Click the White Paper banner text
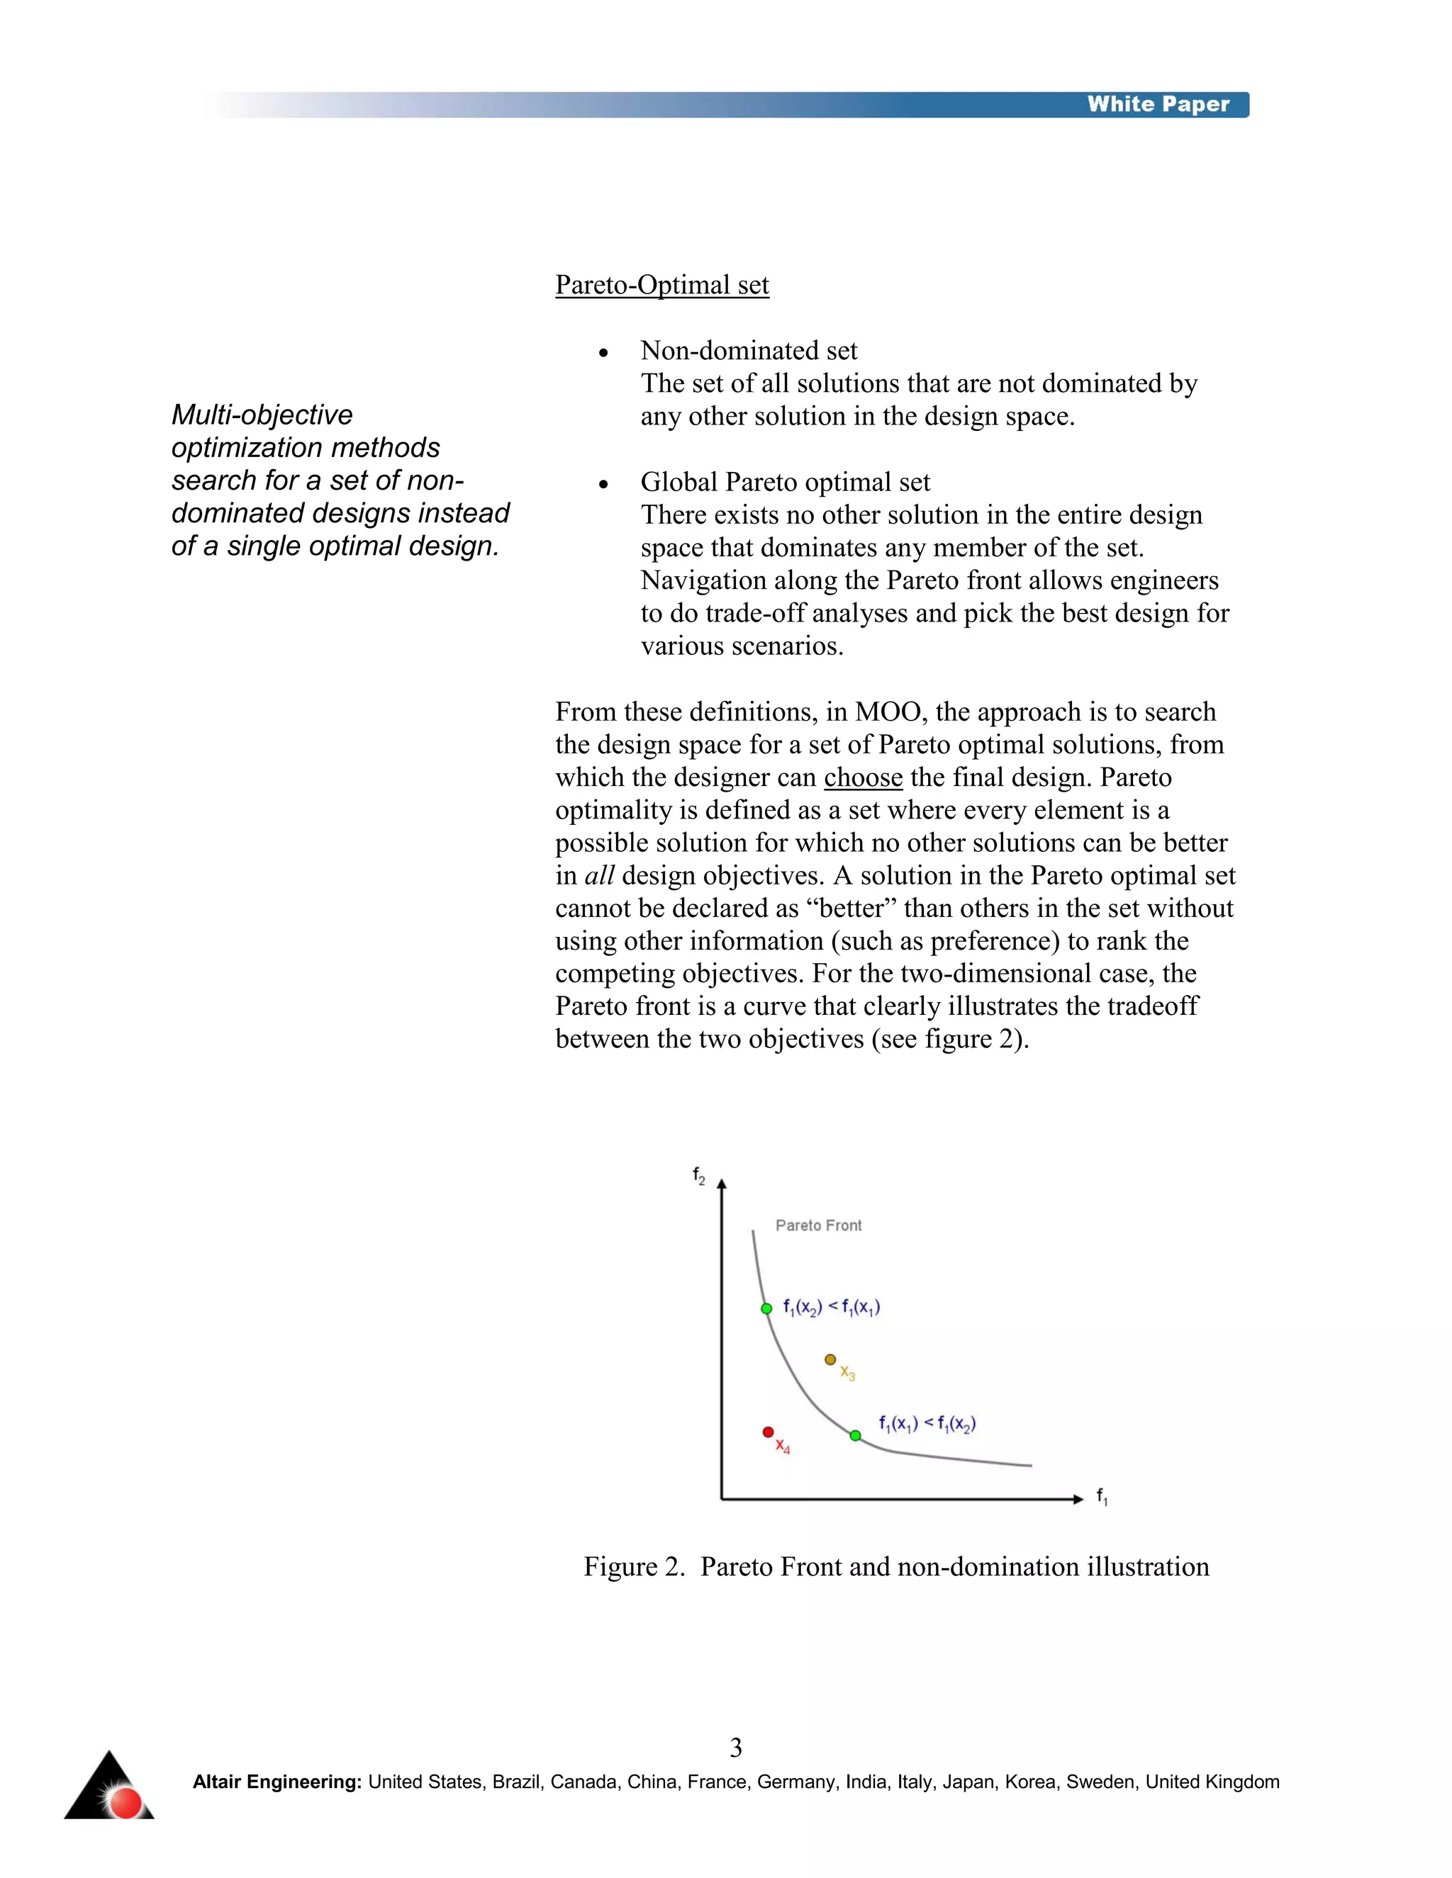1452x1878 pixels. [1157, 104]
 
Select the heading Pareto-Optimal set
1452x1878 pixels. [661, 285]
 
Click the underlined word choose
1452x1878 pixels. [863, 777]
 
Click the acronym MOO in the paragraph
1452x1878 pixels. [890, 712]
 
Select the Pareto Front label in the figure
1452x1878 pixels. [818, 1225]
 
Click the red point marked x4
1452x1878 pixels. [768, 1432]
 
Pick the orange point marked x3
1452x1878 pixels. [830, 1359]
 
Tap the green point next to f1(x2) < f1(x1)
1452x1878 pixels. [766, 1309]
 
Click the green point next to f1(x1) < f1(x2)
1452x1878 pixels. [855, 1435]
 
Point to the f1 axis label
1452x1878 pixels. [1102, 1497]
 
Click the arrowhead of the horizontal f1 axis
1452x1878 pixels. [1078, 1499]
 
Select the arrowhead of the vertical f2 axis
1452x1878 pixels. [722, 1185]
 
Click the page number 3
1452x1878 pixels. [735, 1748]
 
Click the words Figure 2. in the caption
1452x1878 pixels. [634, 1567]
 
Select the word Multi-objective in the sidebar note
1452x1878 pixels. [262, 415]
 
